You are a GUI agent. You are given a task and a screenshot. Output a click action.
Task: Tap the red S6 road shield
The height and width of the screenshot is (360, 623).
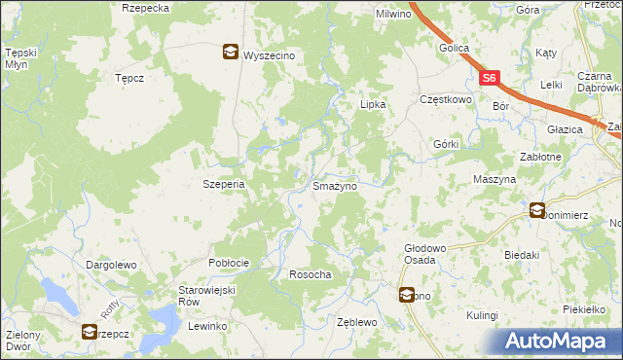coord(490,78)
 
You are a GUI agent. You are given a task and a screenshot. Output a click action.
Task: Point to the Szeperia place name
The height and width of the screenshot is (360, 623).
coord(222,183)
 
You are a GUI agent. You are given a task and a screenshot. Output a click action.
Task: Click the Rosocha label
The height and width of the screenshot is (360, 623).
coord(311,275)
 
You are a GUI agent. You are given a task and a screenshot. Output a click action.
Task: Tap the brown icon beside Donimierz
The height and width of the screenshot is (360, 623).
coord(537,209)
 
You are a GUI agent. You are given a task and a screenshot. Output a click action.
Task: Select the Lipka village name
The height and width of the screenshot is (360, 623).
coord(374,104)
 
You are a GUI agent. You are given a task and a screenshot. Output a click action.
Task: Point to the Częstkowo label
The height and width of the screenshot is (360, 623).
coord(445,99)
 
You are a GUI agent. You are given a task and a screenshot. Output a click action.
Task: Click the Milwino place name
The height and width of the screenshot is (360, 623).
coord(394,15)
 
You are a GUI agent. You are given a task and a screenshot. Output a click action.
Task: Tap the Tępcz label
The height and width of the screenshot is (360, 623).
coord(129,78)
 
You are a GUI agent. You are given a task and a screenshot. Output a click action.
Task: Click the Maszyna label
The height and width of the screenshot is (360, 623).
coord(494,180)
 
